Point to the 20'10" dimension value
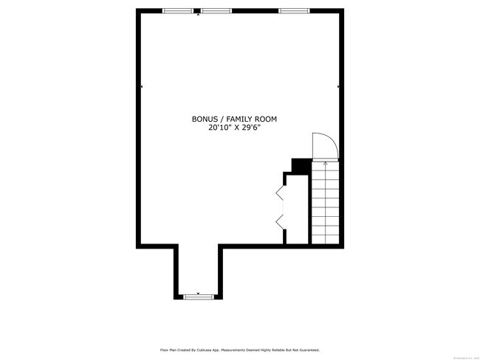[x=220, y=127]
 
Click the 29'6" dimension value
[x=251, y=127]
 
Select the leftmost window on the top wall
[x=178, y=11]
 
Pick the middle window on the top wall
[x=216, y=11]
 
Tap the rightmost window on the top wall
[x=295, y=11]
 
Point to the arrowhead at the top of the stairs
[x=326, y=163]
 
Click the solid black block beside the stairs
[x=301, y=166]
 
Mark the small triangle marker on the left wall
[x=141, y=87]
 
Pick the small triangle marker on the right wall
[x=338, y=87]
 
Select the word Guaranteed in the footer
[x=308, y=350]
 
